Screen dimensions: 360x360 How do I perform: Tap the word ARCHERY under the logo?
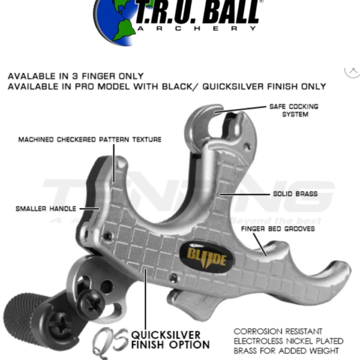pyautogui.click(x=198, y=28)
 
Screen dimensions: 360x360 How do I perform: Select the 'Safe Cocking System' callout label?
pyautogui.click(x=295, y=110)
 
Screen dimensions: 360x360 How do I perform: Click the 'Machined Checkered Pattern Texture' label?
pyautogui.click(x=89, y=139)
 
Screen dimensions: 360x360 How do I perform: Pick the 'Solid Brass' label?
pyautogui.click(x=295, y=194)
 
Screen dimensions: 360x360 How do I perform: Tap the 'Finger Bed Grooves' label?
pyautogui.click(x=278, y=229)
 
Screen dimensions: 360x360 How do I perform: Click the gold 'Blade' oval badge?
pyautogui.click(x=206, y=257)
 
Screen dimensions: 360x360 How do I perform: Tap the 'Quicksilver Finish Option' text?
pyautogui.click(x=170, y=340)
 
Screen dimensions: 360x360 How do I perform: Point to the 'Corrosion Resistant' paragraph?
pyautogui.click(x=286, y=340)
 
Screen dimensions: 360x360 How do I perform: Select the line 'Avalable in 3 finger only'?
pyautogui.click(x=76, y=76)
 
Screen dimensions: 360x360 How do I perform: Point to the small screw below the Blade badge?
pyautogui.click(x=173, y=278)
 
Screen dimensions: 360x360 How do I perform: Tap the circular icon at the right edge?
pyautogui.click(x=352, y=70)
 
